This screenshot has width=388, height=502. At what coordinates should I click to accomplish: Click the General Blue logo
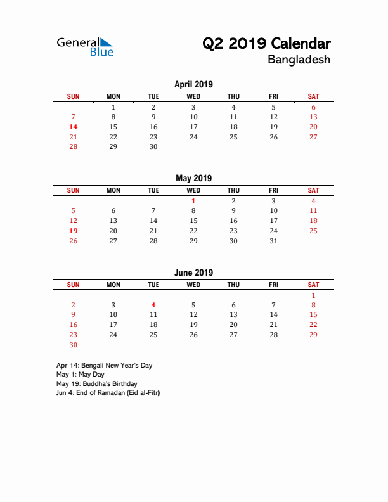(x=85, y=46)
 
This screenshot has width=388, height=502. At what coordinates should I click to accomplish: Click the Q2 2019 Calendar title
(x=266, y=44)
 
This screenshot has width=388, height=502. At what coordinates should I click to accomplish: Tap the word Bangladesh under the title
(x=299, y=60)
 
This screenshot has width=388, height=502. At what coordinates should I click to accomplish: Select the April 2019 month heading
(x=193, y=84)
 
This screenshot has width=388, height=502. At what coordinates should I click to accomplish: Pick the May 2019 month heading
(x=193, y=178)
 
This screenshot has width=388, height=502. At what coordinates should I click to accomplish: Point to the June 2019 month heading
(x=193, y=273)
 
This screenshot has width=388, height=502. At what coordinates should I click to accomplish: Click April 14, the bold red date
(x=73, y=127)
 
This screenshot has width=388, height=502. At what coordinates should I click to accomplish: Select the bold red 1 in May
(x=193, y=201)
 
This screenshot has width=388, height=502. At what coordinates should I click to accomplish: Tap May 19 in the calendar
(x=73, y=231)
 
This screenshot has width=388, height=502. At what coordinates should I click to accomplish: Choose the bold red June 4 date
(x=153, y=305)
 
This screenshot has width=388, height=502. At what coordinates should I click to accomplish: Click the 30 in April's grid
(x=153, y=146)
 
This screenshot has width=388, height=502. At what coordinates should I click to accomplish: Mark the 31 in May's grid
(x=273, y=241)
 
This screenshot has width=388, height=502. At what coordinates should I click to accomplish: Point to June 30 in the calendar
(x=73, y=345)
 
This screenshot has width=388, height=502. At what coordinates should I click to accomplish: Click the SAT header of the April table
(x=313, y=96)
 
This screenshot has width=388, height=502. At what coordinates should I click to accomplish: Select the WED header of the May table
(x=193, y=190)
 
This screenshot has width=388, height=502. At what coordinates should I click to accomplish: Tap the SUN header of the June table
(x=73, y=285)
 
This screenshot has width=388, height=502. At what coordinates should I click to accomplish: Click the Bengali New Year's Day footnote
(x=104, y=366)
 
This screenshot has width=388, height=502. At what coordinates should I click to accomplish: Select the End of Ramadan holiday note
(x=108, y=392)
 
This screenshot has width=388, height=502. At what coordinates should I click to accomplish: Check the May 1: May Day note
(x=80, y=375)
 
